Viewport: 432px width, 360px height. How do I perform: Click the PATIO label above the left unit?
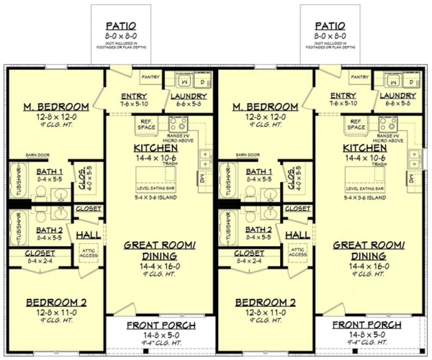click(120, 25)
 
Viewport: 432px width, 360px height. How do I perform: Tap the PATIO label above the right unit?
click(330, 25)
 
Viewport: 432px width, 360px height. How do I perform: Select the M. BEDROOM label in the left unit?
click(56, 107)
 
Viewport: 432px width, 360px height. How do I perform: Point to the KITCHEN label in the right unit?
click(365, 147)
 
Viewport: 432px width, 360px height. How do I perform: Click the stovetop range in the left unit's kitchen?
click(178, 123)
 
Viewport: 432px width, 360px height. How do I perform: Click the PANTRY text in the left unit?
click(150, 78)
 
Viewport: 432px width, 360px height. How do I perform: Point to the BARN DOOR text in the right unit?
click(247, 155)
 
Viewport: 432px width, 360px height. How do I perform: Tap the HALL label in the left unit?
click(87, 235)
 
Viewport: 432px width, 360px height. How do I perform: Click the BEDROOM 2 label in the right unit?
click(265, 303)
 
